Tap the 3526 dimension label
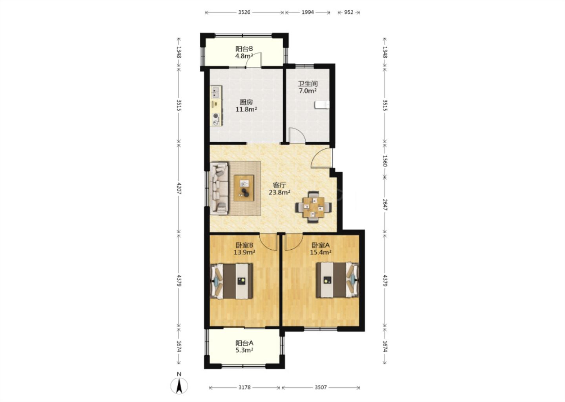click(244, 12)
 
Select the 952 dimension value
click(348, 12)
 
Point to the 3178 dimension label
click(244, 387)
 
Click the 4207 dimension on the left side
click(179, 188)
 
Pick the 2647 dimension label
click(385, 205)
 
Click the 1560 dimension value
click(385, 161)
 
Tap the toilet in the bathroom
click(322, 105)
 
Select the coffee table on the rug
click(244, 188)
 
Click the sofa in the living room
click(219, 188)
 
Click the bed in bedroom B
click(231, 281)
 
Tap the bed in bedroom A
click(337, 280)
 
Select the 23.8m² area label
click(279, 193)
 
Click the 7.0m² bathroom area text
click(308, 91)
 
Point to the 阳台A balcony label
click(244, 343)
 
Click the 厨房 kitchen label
click(246, 102)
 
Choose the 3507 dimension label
click(321, 387)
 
